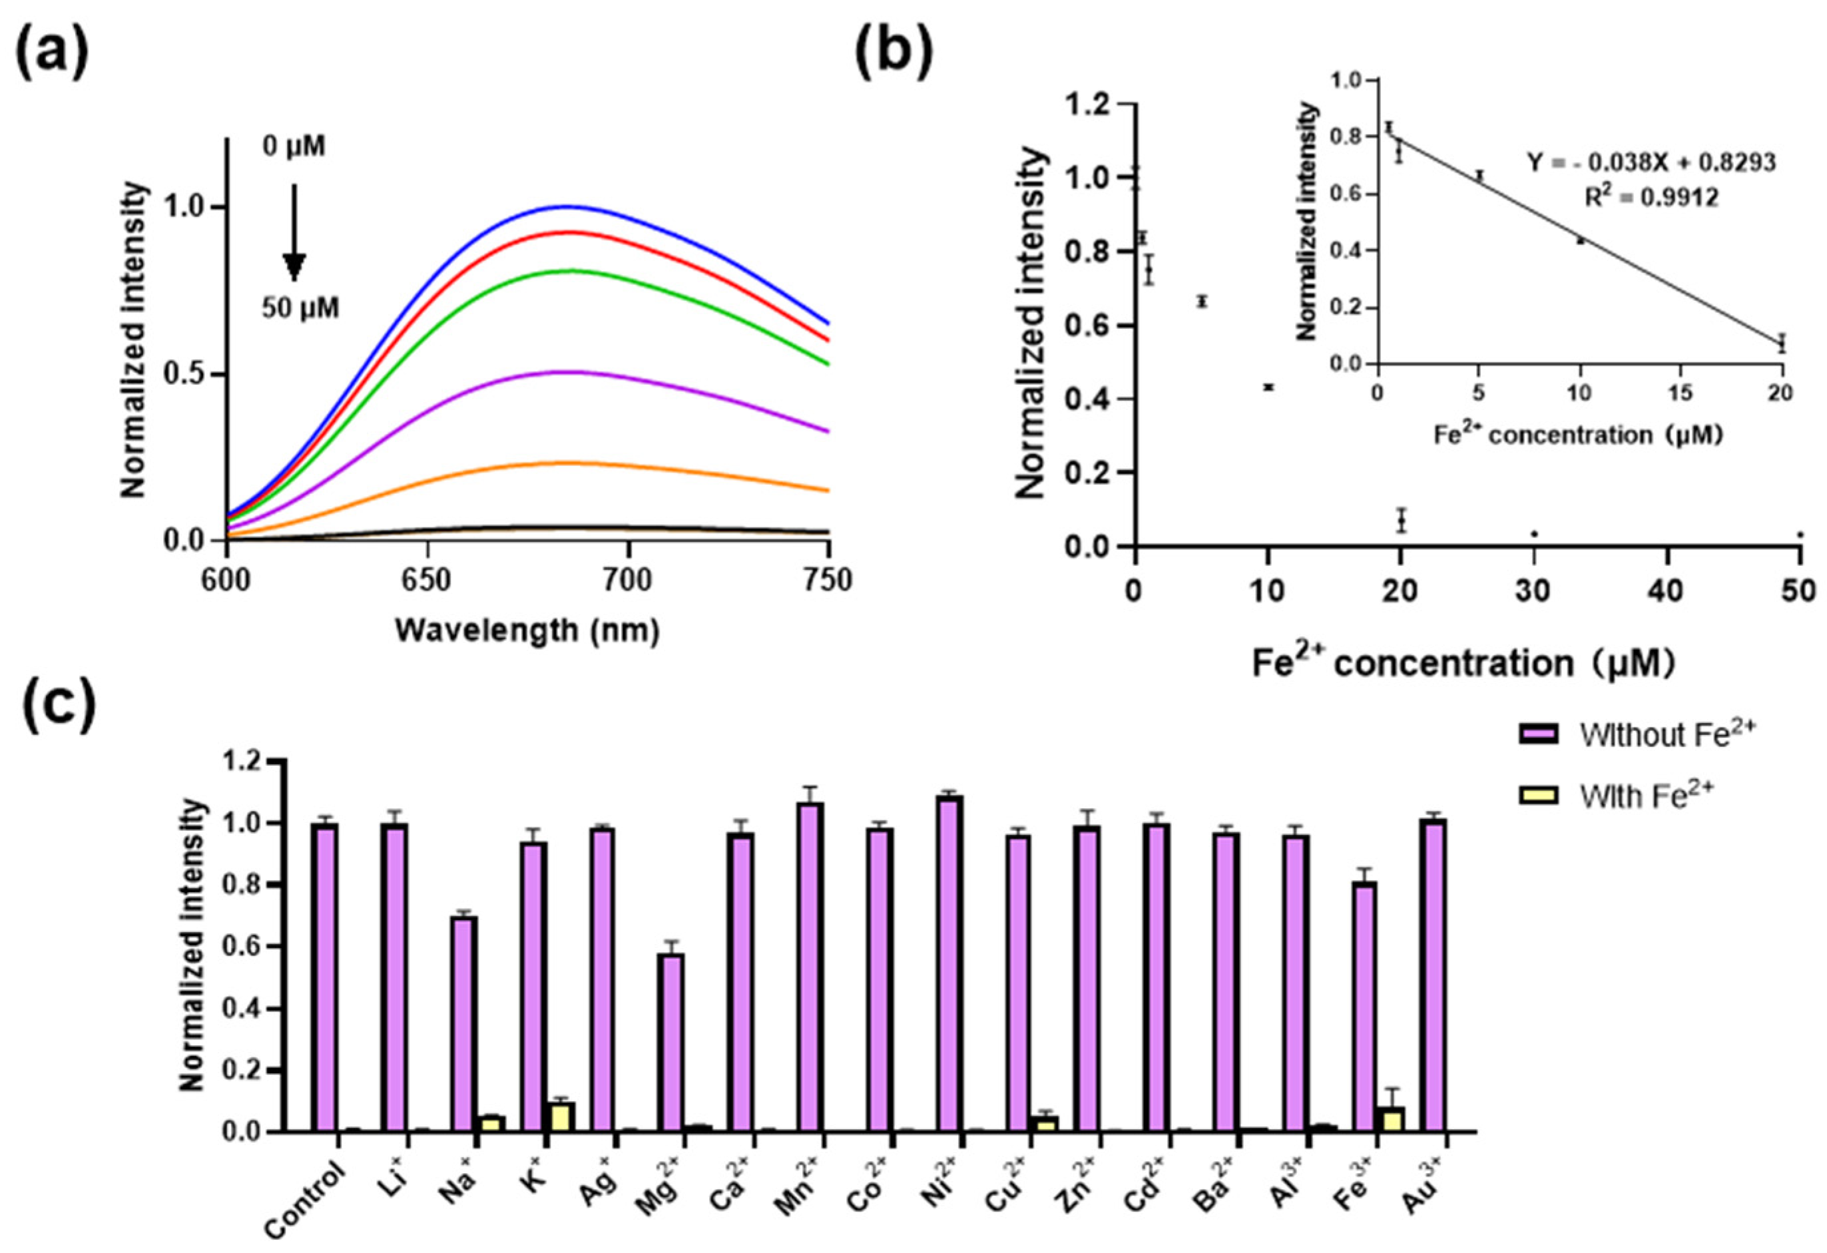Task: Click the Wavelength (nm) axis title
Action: [x=527, y=630]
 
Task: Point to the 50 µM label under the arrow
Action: [x=300, y=308]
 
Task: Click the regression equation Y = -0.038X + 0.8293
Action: [x=1651, y=162]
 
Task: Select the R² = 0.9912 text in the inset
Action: [x=1651, y=197]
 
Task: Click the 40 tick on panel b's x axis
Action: [x=1667, y=591]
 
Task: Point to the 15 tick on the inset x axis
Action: [x=1680, y=392]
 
